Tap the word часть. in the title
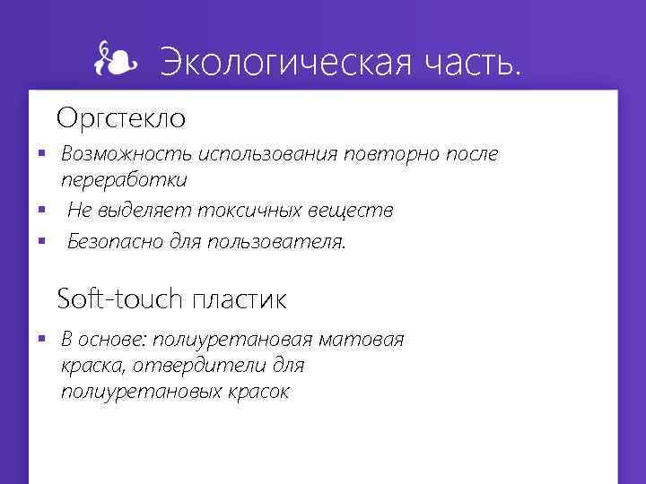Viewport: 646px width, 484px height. tap(466, 64)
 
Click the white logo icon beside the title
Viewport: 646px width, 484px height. tap(116, 61)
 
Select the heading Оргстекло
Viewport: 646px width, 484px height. tap(121, 117)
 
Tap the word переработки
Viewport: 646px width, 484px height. tap(124, 180)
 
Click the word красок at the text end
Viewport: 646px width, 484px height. tap(259, 392)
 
